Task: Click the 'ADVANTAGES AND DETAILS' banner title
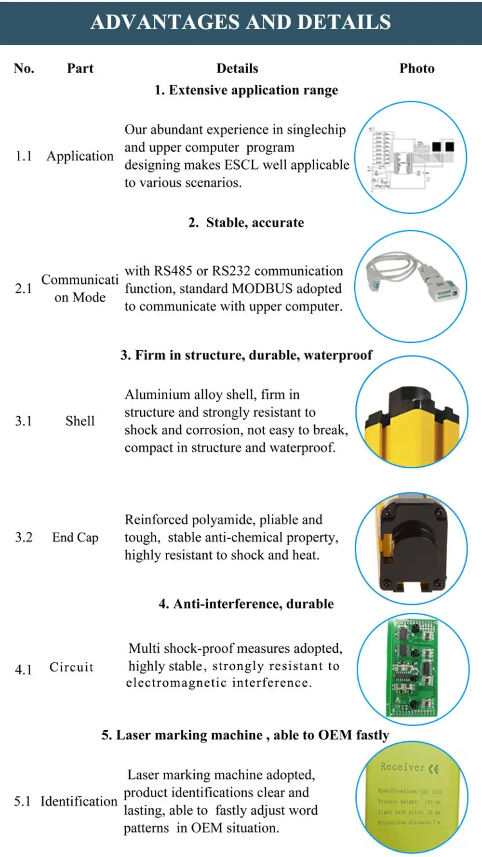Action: [241, 22]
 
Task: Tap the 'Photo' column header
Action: [416, 68]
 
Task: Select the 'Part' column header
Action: [80, 68]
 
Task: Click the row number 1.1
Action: [23, 156]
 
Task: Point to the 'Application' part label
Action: [80, 156]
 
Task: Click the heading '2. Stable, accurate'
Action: [246, 223]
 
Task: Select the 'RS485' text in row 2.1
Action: [173, 271]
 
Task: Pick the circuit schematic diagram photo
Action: [410, 158]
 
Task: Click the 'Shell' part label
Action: [80, 421]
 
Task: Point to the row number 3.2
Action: [24, 537]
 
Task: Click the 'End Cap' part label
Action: [75, 537]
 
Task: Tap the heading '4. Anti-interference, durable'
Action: [246, 604]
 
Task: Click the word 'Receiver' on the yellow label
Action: [402, 766]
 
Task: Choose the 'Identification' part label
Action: [79, 801]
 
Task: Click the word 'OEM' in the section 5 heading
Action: [335, 735]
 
